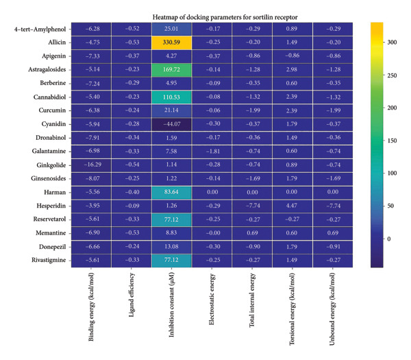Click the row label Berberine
47,83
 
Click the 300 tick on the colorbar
393,42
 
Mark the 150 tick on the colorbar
393,141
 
